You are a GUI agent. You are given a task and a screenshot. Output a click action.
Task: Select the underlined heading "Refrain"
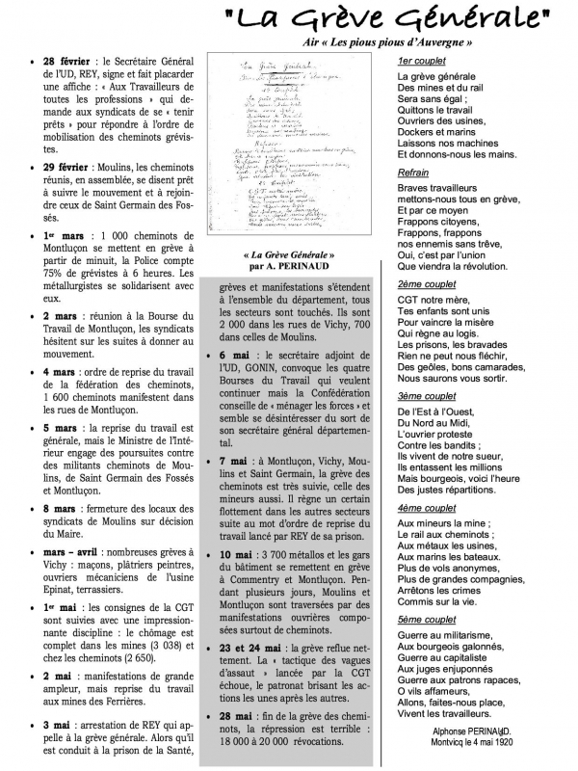(x=412, y=173)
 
